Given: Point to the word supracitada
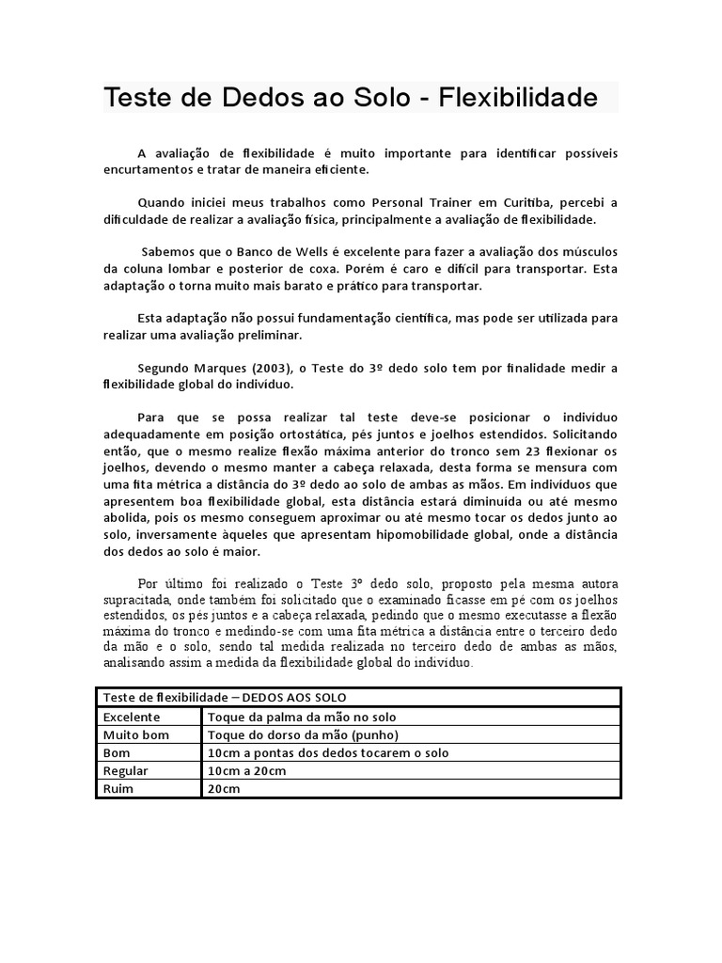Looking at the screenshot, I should (x=136, y=599).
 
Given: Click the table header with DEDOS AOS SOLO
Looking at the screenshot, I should (x=225, y=697).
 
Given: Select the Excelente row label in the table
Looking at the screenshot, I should (x=133, y=716).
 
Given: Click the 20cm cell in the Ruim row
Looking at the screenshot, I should (x=224, y=789).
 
